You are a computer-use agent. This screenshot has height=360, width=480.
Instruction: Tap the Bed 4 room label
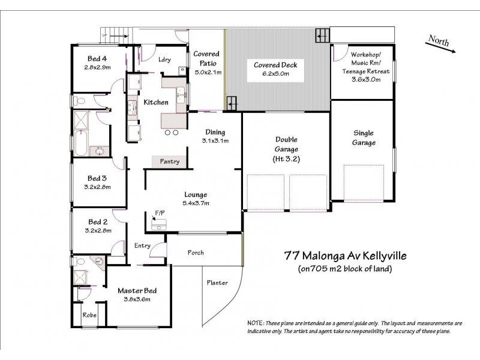pos(97,59)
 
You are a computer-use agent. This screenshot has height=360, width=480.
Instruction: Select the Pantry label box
pos(169,161)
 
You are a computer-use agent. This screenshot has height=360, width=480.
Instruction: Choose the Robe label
pos(89,314)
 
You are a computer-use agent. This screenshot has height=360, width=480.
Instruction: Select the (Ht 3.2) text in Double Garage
pos(286,159)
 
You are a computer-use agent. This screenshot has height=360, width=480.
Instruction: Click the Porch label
pos(197,252)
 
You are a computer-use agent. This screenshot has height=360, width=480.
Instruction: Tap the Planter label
pos(217,283)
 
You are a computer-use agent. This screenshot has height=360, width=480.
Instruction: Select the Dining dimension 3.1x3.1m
pos(215,141)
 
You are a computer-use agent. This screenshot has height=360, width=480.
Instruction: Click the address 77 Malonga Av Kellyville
pos(345,256)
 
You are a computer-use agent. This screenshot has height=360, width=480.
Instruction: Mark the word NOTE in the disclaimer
pos(256,323)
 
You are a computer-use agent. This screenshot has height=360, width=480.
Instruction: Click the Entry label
pos(143,245)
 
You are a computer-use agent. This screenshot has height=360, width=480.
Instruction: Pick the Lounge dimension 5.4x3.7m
pos(196,203)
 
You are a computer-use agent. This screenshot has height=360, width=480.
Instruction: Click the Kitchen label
pos(156,103)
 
